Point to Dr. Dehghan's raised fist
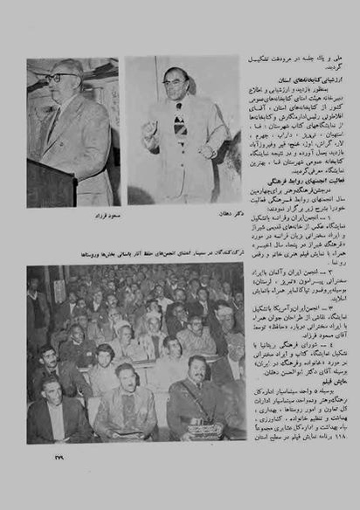pyautogui.click(x=149, y=129)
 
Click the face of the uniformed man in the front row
pyautogui.click(x=199, y=368)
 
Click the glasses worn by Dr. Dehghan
pyautogui.click(x=176, y=81)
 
